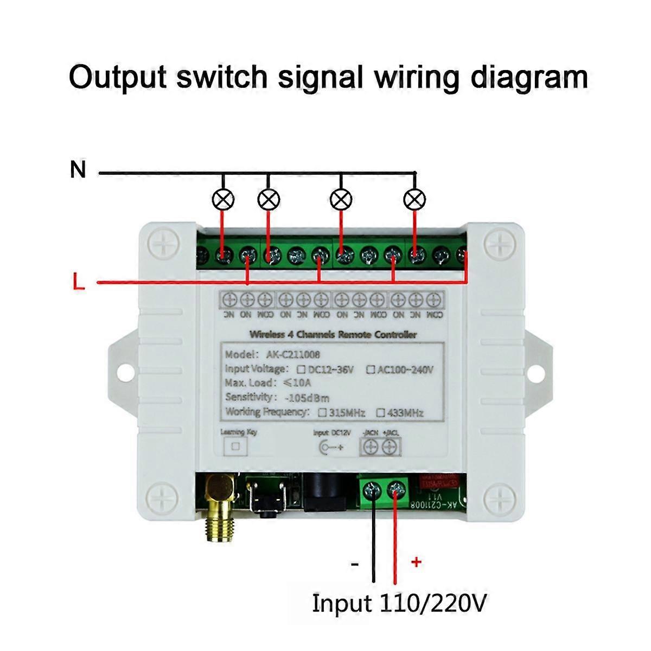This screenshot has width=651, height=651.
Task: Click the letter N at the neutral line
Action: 78,170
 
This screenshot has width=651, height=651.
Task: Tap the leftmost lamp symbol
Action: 222,200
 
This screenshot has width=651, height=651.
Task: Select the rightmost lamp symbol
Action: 415,200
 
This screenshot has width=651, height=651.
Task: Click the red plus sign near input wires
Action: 416,561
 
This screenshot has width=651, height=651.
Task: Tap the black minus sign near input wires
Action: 355,565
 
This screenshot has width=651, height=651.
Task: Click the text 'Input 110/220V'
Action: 399,603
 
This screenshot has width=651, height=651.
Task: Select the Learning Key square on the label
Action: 235,446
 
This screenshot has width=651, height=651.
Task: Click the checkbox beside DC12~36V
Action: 301,370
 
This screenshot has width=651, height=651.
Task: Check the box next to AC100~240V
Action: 371,370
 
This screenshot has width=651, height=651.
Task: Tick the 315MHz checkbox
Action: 323,412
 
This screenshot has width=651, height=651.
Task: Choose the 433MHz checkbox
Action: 381,413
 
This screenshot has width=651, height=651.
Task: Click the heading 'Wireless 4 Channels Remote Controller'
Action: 333,335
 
